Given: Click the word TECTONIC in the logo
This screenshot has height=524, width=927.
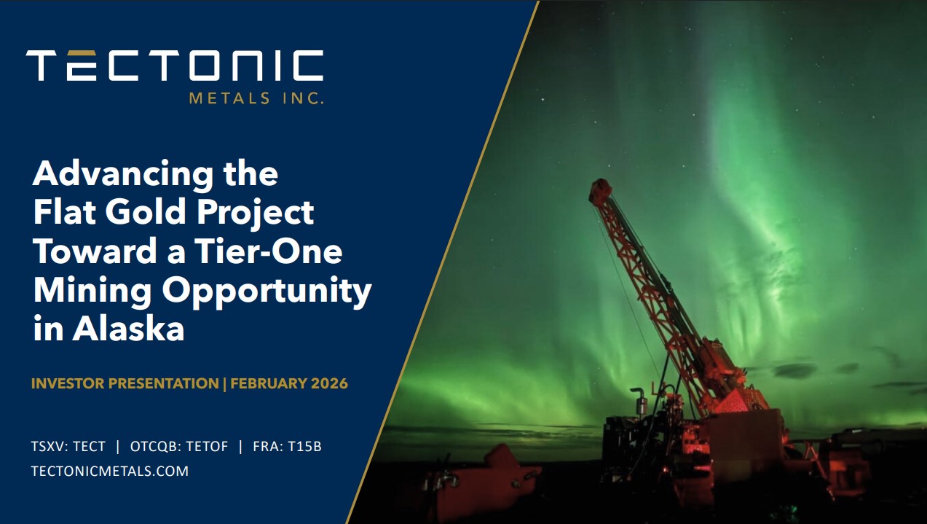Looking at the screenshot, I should click(x=175, y=66).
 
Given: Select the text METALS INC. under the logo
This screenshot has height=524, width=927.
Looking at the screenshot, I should click(x=256, y=98).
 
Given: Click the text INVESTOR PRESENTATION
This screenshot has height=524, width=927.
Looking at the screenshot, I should click(x=125, y=383).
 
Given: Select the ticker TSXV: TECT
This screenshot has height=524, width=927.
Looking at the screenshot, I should click(x=68, y=446).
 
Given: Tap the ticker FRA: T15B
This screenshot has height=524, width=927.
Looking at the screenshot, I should click(x=287, y=446).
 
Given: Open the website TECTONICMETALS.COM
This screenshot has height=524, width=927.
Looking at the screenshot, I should click(x=110, y=472).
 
